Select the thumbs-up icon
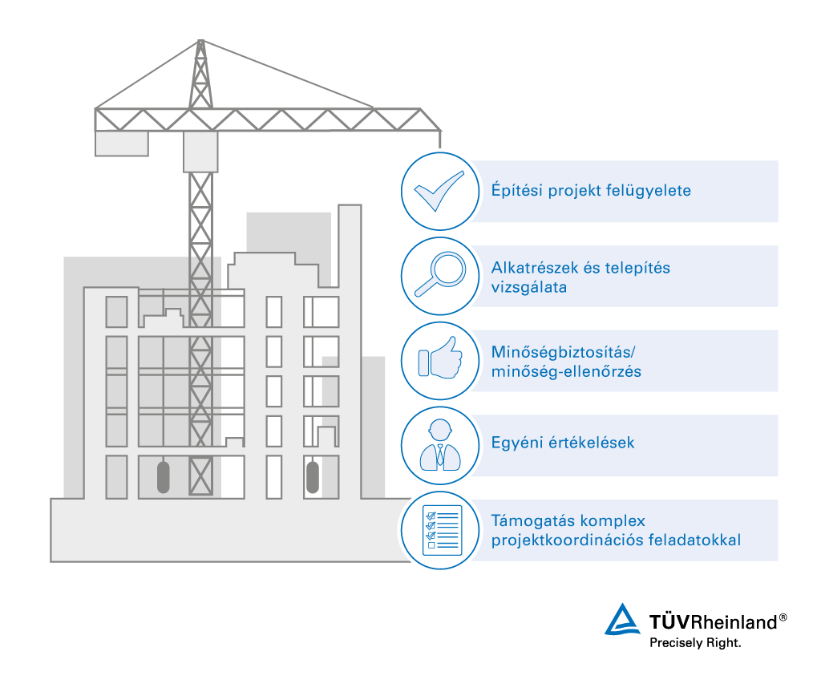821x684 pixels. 439,360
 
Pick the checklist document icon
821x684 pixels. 439,530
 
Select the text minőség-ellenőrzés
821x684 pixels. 566,371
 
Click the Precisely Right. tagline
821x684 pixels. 695,642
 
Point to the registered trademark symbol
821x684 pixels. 783,617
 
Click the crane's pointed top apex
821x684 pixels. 200,42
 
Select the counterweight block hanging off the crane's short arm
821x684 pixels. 121,144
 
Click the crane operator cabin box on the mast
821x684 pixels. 200,152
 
